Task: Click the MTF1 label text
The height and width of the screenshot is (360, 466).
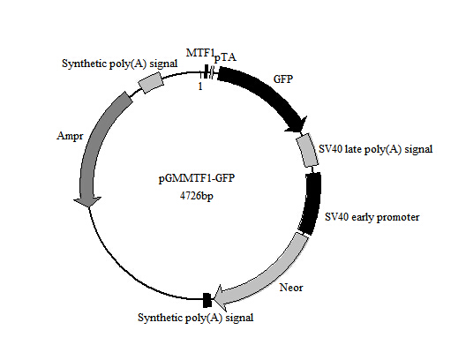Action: (x=200, y=53)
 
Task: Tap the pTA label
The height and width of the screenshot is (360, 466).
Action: (x=225, y=57)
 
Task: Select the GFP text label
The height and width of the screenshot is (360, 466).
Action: (x=283, y=79)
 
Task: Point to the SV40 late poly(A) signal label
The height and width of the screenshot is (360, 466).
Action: (x=376, y=149)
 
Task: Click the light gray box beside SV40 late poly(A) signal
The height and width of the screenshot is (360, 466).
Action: (x=307, y=150)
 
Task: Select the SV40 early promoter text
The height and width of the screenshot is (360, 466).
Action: (x=372, y=217)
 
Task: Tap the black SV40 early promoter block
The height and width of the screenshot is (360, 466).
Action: (x=311, y=204)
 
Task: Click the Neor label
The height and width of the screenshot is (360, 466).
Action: (x=291, y=288)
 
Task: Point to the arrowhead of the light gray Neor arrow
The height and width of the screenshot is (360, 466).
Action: (x=221, y=297)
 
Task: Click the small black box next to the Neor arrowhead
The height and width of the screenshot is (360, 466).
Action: (x=207, y=300)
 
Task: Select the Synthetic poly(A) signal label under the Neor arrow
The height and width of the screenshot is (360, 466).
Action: (x=196, y=318)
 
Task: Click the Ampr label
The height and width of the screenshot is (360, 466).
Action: (x=70, y=136)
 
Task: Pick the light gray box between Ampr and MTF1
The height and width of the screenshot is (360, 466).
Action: (x=151, y=83)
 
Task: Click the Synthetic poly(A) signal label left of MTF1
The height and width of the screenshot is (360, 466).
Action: (x=119, y=64)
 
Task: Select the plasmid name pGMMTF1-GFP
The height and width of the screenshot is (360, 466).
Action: (x=197, y=178)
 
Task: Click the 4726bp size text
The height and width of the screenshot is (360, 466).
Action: (x=197, y=196)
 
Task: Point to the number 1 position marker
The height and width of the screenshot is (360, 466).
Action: (x=200, y=86)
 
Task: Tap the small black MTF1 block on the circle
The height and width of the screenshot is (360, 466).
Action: (x=206, y=71)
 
